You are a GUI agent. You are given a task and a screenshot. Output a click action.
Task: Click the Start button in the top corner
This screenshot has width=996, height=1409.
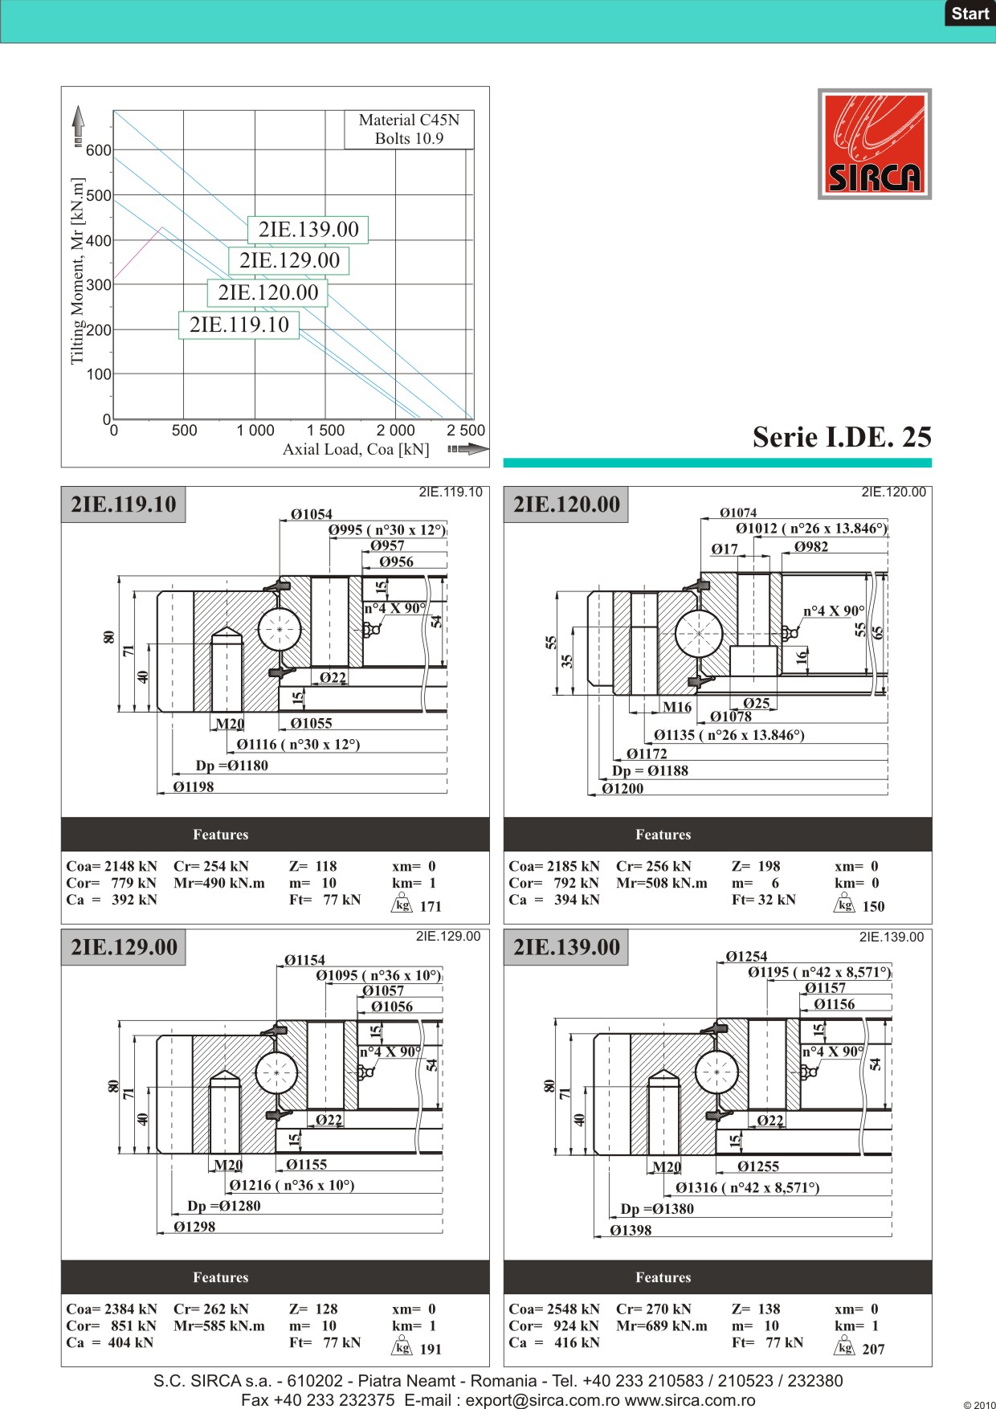click(x=970, y=14)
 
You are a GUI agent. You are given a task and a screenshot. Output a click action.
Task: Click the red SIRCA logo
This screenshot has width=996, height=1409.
click(x=875, y=144)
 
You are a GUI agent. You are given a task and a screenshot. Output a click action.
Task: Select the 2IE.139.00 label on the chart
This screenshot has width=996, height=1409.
click(x=308, y=230)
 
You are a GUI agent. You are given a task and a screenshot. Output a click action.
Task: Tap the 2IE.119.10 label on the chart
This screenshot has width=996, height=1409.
click(x=239, y=325)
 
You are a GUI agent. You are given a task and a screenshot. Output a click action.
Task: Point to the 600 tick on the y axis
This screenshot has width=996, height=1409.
click(x=99, y=151)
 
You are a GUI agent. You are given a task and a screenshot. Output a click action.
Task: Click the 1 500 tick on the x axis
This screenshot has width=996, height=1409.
click(x=325, y=431)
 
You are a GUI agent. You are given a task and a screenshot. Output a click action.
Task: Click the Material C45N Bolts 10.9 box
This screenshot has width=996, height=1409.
click(x=409, y=129)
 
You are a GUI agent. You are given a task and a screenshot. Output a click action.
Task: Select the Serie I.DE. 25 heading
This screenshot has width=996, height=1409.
click(x=842, y=437)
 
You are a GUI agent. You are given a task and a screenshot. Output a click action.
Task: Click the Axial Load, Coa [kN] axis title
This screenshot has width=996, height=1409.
click(x=356, y=450)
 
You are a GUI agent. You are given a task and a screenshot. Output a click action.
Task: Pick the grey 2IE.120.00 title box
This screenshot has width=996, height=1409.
click(x=566, y=504)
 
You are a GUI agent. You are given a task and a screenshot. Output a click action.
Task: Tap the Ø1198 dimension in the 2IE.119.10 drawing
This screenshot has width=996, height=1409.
click(x=194, y=787)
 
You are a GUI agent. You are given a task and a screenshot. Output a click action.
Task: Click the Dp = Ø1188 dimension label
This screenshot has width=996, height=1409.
click(x=650, y=771)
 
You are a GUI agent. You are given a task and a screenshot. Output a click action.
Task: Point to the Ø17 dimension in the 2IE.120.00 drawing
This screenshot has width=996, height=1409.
click(x=725, y=549)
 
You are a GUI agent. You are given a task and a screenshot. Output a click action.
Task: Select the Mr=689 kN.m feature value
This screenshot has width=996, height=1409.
click(x=662, y=1325)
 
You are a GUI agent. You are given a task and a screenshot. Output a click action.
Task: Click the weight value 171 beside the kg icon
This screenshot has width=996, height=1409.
click(x=431, y=906)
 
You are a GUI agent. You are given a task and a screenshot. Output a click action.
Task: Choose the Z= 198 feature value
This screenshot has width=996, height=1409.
click(x=756, y=866)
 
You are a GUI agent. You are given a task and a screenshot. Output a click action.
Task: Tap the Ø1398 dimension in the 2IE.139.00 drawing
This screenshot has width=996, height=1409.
click(x=631, y=1230)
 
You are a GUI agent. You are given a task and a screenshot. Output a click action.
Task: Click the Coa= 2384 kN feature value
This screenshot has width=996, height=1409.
click(x=112, y=1309)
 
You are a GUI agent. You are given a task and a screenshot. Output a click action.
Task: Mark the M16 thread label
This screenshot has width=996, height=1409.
click(x=677, y=707)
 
